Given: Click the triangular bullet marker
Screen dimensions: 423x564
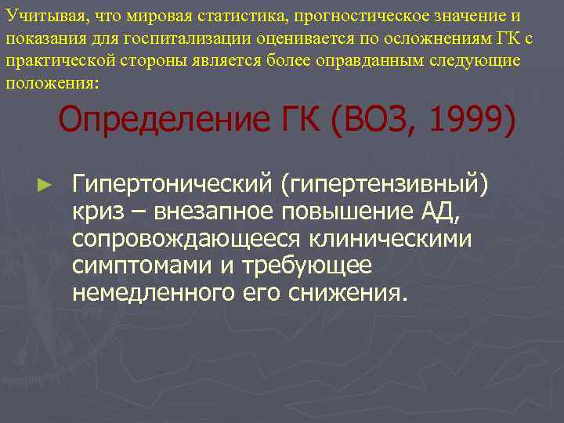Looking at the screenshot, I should pos(45,185).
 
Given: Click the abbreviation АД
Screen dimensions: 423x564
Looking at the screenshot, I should pos(423,211).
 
